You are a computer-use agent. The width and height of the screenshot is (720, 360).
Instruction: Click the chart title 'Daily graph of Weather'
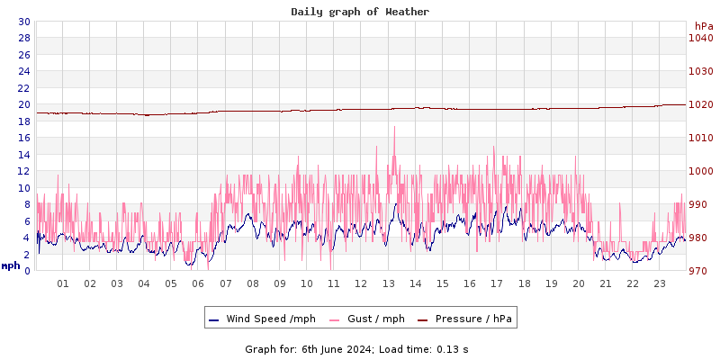[x=360, y=12]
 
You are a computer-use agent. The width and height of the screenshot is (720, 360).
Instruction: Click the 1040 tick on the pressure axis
[x=700, y=38]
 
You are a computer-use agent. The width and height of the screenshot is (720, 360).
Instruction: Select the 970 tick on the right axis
[x=700, y=271]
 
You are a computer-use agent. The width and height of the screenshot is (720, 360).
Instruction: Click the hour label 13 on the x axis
[x=389, y=283]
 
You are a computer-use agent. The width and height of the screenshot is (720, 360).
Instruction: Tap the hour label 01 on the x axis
[x=63, y=283]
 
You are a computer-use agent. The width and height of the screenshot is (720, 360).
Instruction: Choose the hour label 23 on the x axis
[x=660, y=283]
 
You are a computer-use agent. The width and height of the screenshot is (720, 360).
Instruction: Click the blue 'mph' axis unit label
[x=10, y=265]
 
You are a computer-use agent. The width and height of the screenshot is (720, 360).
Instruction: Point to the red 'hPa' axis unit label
[x=704, y=26]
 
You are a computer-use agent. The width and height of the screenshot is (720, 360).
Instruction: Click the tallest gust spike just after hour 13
[x=394, y=128]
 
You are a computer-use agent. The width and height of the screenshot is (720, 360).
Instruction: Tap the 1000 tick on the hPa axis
[x=700, y=171]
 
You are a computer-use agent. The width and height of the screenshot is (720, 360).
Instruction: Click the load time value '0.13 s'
[x=453, y=348]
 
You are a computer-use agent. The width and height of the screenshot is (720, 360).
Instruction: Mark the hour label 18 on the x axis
[x=524, y=283]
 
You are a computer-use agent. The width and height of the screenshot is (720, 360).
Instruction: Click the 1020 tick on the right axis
[x=700, y=104]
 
